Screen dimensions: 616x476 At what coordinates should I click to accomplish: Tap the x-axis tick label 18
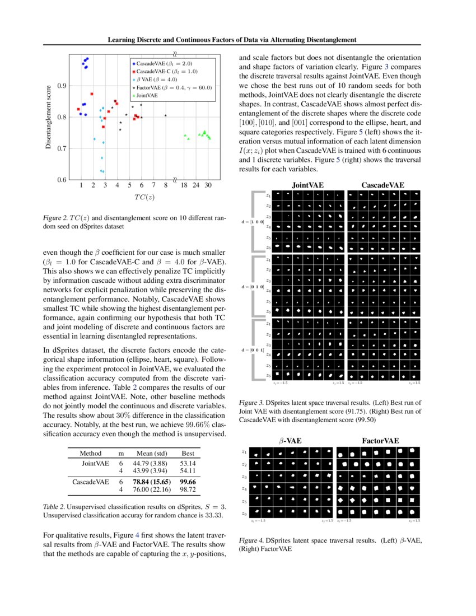point(184,185)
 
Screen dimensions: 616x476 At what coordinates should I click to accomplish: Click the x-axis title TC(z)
point(144,197)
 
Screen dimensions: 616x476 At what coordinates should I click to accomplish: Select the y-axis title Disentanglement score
point(49,117)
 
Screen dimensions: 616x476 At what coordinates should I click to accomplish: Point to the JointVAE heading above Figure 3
point(307,185)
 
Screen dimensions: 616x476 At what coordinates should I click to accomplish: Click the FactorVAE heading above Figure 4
point(380,441)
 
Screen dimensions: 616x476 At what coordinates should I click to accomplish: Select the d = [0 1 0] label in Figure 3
point(252,287)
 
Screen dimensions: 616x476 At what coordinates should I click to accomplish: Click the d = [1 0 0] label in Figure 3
point(252,222)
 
